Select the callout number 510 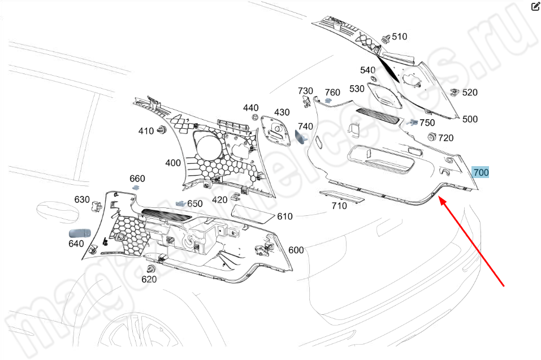pyautogui.click(x=399, y=37)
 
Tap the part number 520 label pyautogui.click(x=470, y=93)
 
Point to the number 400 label pyautogui.click(x=173, y=163)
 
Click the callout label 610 pyautogui.click(x=285, y=216)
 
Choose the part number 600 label pyautogui.click(x=296, y=250)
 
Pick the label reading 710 pyautogui.click(x=339, y=206)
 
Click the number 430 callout pyautogui.click(x=282, y=112)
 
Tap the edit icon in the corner pyautogui.click(x=535, y=7)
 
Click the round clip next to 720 pyautogui.click(x=431, y=136)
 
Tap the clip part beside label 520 pyautogui.click(x=453, y=92)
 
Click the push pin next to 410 pyautogui.click(x=162, y=131)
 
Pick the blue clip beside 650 pyautogui.click(x=181, y=203)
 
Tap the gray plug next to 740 pyautogui.click(x=301, y=137)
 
